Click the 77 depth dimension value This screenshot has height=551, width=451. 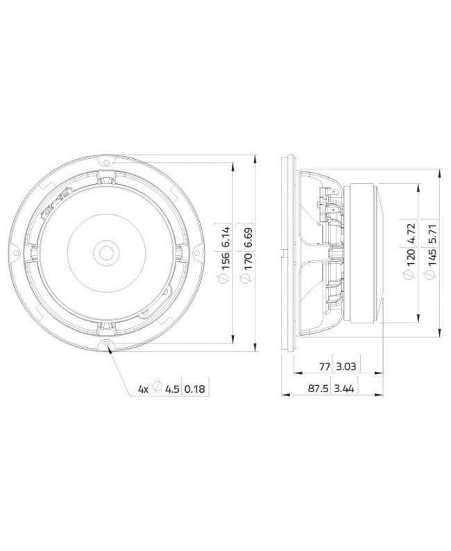coord(323,366)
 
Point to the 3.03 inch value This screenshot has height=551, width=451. coord(345,366)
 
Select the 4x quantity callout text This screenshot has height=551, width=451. coord(143,389)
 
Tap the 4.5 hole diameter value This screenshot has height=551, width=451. coord(171,389)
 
